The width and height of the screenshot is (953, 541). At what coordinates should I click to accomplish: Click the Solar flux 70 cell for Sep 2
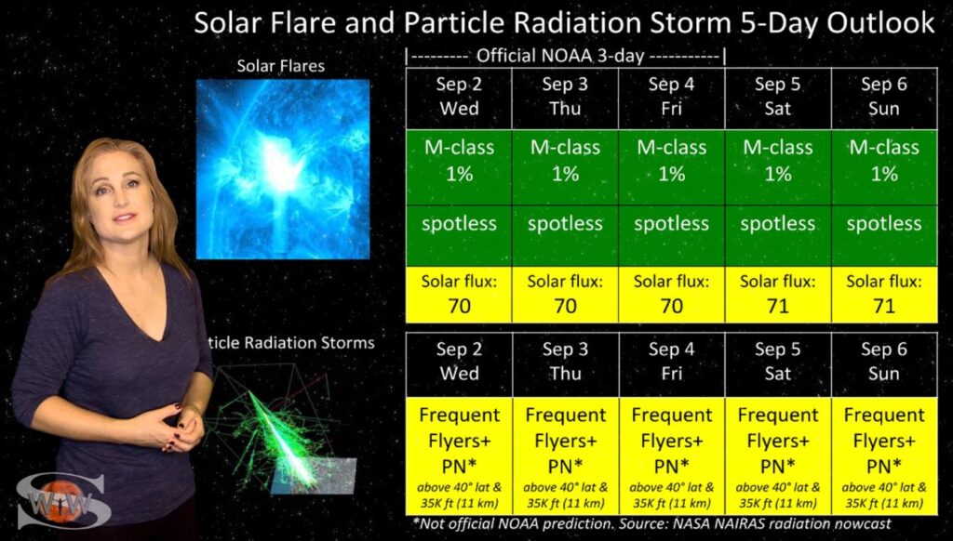(x=459, y=294)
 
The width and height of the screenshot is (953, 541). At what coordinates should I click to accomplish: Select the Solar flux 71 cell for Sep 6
(x=884, y=294)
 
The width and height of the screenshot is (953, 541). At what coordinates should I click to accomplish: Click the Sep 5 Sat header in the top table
(x=778, y=98)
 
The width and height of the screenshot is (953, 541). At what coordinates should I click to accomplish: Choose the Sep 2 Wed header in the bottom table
(x=459, y=363)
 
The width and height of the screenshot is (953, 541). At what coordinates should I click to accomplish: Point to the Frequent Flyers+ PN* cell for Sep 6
(x=884, y=456)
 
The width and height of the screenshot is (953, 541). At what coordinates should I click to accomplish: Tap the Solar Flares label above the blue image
(x=281, y=66)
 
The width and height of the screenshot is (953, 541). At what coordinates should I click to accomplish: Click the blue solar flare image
(x=283, y=169)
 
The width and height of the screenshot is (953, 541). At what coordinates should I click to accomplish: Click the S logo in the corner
(x=60, y=500)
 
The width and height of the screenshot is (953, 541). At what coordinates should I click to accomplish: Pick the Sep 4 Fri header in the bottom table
(x=672, y=363)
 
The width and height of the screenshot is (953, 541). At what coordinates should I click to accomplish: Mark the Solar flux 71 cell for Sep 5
(x=778, y=294)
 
